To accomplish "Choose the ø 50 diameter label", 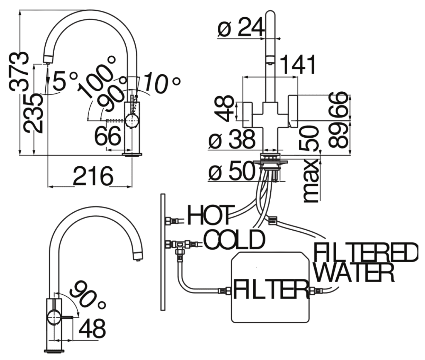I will (232, 171).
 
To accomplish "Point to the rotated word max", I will (310, 181).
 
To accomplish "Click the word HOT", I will (209, 215).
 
